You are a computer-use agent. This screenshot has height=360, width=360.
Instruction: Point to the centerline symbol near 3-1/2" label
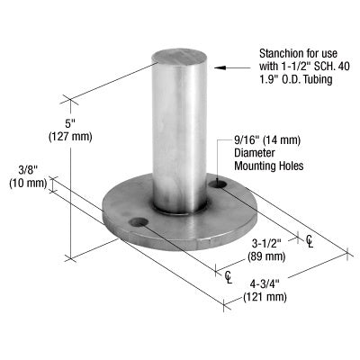click(310, 240)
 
